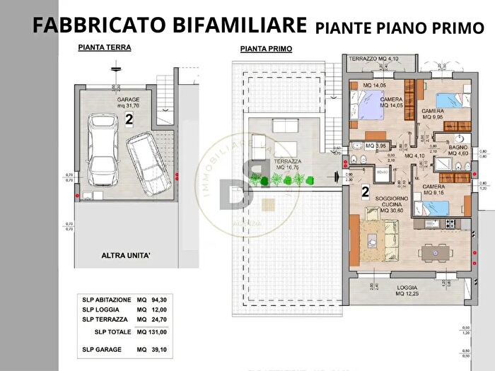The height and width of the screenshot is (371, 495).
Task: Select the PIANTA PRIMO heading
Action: click(x=262, y=49)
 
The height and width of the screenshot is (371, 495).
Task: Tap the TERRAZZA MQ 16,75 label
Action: click(x=289, y=165)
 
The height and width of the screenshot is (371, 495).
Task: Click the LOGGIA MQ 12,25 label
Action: click(x=409, y=290)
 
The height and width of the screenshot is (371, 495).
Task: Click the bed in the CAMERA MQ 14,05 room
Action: click(x=367, y=108)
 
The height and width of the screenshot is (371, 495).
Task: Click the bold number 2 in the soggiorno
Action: click(x=365, y=192)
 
